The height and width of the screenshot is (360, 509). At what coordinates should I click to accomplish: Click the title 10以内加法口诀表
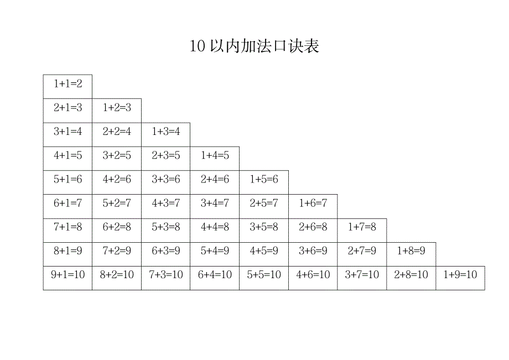(x=254, y=46)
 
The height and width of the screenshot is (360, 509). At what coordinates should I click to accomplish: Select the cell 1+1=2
(x=67, y=84)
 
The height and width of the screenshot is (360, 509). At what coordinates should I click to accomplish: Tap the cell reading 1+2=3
(x=117, y=108)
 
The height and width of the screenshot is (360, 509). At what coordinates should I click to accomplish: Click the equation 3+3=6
(x=166, y=180)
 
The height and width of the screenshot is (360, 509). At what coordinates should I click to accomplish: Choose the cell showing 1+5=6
(x=264, y=180)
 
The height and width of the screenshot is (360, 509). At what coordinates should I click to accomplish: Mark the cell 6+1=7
(x=67, y=204)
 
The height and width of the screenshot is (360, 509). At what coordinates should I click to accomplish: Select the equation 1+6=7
(x=313, y=204)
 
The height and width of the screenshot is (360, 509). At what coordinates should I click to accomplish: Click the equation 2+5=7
(x=264, y=204)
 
